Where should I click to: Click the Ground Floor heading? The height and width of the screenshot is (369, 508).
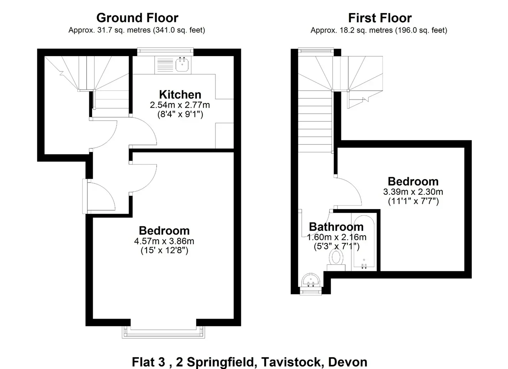[137, 18]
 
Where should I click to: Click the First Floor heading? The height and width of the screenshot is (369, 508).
[380, 18]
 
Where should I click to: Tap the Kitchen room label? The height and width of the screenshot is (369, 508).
[180, 95]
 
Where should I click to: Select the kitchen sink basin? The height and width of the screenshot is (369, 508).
[182, 64]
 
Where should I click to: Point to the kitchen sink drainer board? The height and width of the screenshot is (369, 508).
[165, 65]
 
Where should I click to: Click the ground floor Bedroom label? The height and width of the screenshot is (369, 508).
[164, 231]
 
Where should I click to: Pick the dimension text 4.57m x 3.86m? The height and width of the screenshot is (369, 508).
[164, 241]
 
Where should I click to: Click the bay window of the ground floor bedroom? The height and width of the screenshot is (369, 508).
[164, 332]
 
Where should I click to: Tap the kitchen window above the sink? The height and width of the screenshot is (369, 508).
[165, 52]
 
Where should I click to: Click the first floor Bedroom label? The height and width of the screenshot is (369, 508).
[413, 181]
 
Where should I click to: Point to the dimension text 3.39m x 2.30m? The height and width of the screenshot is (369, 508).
[413, 192]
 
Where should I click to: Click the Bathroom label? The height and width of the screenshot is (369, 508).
[336, 227]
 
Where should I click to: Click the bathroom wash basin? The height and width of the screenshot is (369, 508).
[311, 281]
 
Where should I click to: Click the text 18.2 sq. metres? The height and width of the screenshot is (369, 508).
[366, 30]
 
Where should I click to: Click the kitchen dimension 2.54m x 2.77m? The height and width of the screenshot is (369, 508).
[180, 105]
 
